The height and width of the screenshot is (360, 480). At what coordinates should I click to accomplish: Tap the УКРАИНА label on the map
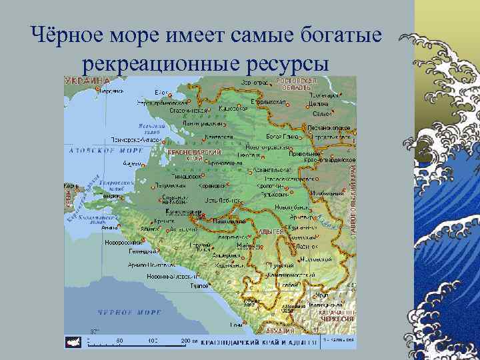87,81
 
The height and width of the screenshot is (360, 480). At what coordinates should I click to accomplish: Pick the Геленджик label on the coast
143,252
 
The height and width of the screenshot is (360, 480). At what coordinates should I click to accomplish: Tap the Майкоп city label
251,245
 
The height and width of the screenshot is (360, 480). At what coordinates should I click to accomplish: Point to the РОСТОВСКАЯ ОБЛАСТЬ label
295,84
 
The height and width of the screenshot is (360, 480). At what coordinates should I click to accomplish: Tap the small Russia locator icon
73,341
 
